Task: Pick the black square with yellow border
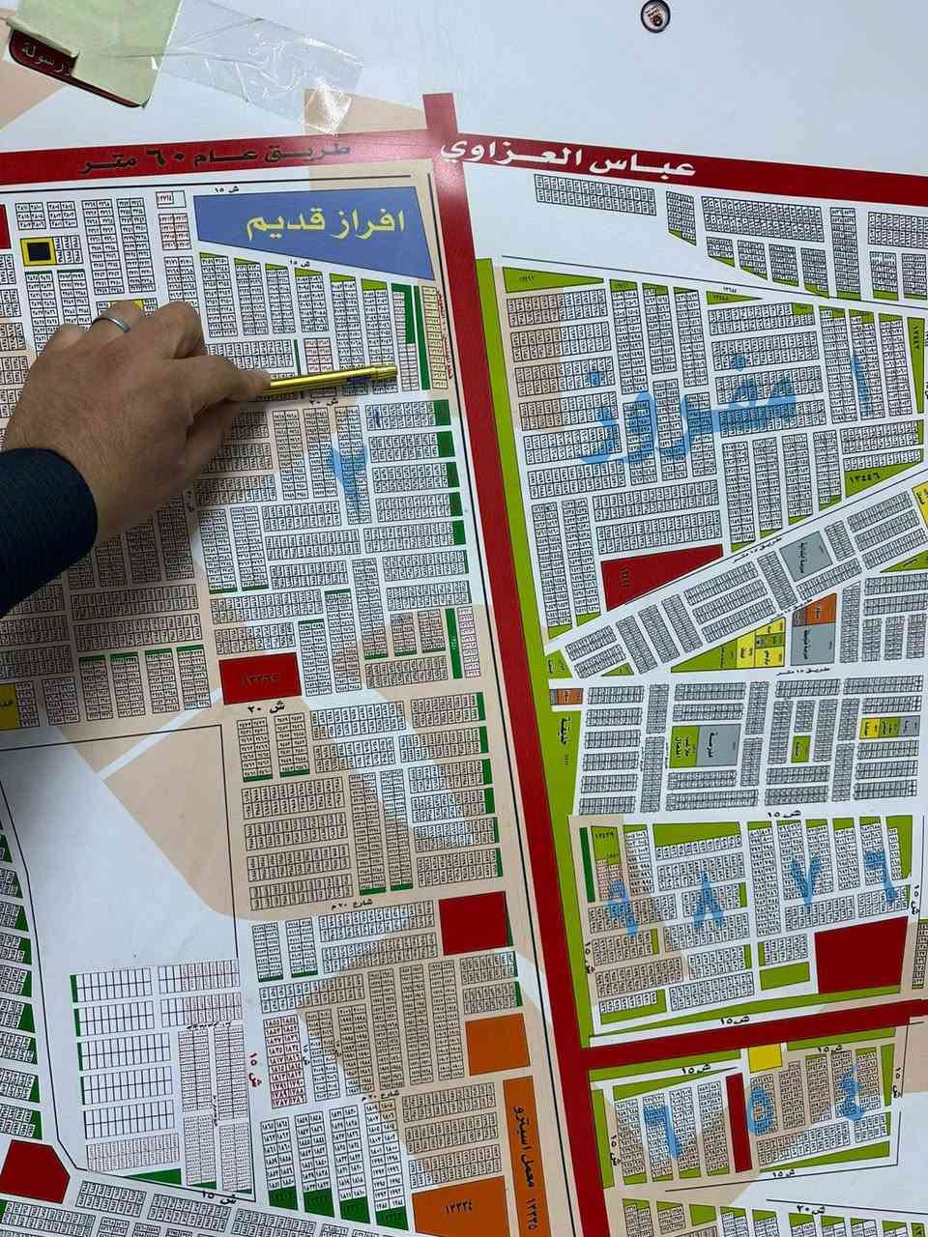click(x=39, y=251)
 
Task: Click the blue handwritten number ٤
click(x=851, y=1092)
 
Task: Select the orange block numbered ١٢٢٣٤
click(x=453, y=1209)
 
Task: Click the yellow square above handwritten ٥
click(x=765, y=1057)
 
